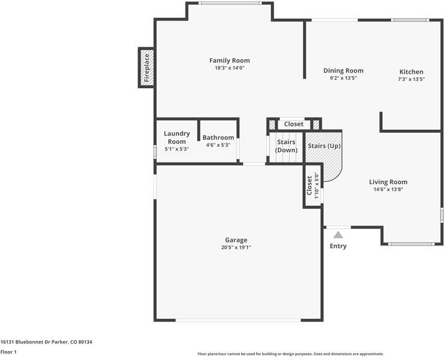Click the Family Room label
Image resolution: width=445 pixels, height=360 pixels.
[x=229, y=61]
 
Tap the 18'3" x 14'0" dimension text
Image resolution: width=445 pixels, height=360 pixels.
[x=229, y=68]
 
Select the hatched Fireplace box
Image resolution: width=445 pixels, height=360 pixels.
[x=147, y=68]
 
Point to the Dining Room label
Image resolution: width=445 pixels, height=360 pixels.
[x=344, y=71]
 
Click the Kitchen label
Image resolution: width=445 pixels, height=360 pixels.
[x=411, y=72]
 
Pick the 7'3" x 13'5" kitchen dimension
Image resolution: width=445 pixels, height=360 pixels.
[x=411, y=79]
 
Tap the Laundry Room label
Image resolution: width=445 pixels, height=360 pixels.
[x=177, y=137]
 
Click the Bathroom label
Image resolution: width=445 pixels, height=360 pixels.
[x=218, y=137]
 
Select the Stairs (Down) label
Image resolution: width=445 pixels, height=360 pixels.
[x=286, y=146]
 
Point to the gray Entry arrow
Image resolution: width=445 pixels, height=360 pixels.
[x=338, y=235]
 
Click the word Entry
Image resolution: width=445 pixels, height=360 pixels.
[x=338, y=246]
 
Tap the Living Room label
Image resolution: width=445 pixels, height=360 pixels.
[x=388, y=182]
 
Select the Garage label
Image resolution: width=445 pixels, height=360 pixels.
[x=236, y=240]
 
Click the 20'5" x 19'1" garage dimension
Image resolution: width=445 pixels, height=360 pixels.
[x=236, y=247]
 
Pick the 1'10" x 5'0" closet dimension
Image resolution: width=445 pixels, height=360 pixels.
[x=316, y=186]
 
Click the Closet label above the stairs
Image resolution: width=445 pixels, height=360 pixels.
[x=294, y=124]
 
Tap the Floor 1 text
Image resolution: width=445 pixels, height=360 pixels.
[x=8, y=352]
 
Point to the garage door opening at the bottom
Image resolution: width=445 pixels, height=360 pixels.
[x=238, y=320]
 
